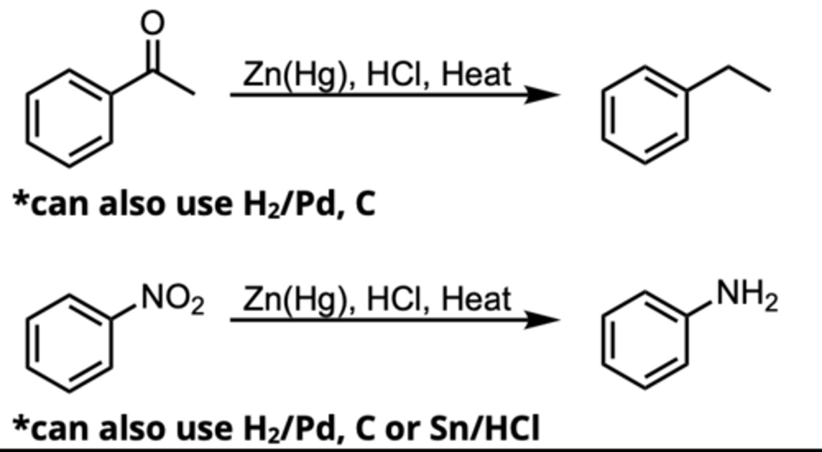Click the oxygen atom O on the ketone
pyautogui.click(x=153, y=22)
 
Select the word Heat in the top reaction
pyautogui.click(x=476, y=75)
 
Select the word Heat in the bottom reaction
pyautogui.click(x=476, y=299)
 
